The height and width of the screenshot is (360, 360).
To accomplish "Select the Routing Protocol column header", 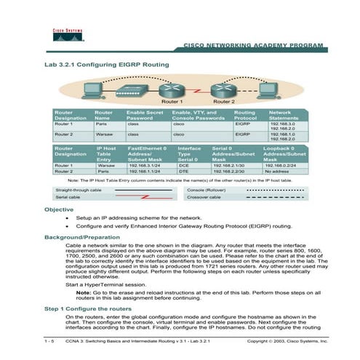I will [245, 115].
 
